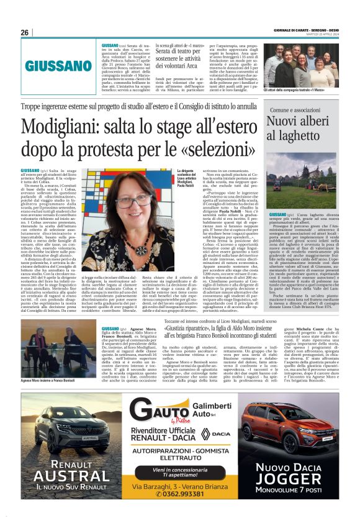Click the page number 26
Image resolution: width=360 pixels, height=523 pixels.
click(25, 33)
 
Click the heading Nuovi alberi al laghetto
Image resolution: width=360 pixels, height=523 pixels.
click(304, 125)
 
